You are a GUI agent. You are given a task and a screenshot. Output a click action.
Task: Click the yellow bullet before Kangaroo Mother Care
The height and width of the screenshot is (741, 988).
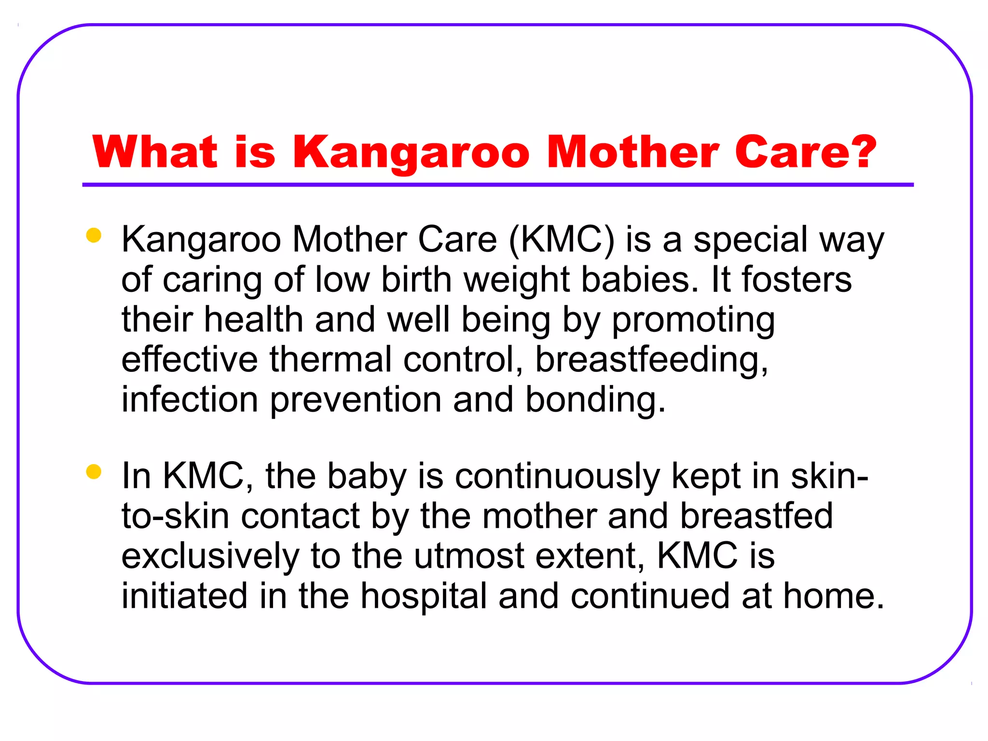(x=93, y=235)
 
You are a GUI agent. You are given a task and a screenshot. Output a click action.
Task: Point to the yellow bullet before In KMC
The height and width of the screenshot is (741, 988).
(x=93, y=472)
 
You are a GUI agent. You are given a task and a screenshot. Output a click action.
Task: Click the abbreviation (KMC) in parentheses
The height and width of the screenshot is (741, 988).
(x=562, y=240)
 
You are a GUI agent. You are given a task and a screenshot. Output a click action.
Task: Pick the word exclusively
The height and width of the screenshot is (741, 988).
(x=210, y=556)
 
